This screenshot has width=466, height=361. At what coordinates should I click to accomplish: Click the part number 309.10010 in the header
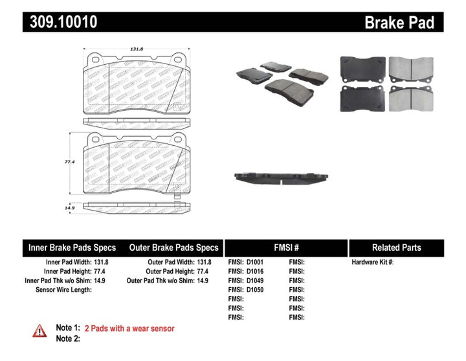62,23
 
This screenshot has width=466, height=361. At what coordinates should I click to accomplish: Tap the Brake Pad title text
399,23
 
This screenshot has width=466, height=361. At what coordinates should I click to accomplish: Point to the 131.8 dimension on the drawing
137,48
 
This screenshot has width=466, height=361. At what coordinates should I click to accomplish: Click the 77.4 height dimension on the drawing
76,163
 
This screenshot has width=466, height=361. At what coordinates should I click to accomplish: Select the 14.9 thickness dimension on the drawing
76,207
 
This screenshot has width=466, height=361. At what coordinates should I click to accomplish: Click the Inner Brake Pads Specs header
72,248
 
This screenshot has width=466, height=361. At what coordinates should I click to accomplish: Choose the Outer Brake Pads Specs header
174,248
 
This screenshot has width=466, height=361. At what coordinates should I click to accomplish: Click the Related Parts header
396,248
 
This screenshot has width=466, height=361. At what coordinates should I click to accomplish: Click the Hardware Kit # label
372,262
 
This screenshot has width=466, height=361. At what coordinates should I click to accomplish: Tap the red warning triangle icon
40,330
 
